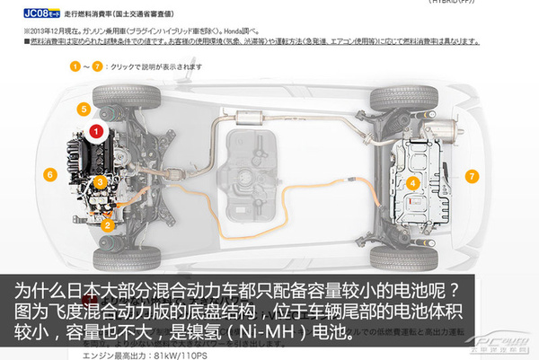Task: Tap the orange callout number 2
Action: click(x=107, y=226)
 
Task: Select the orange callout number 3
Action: click(x=101, y=181)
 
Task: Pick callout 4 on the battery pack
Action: click(x=413, y=182)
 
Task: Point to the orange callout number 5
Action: click(x=83, y=110)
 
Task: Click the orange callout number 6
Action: click(x=49, y=174)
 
